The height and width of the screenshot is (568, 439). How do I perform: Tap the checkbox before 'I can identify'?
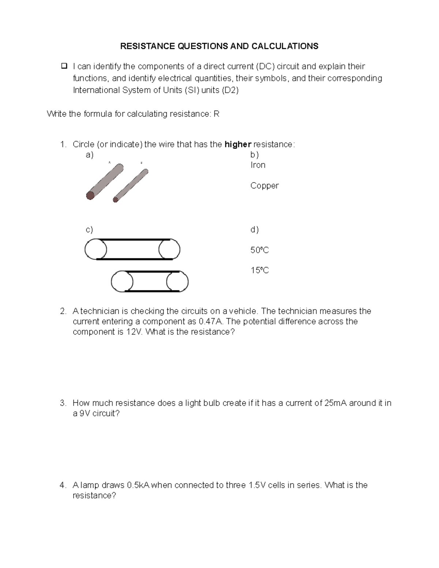(64, 66)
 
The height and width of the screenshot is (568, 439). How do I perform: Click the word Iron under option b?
(258, 165)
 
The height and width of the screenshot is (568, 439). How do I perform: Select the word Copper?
(264, 185)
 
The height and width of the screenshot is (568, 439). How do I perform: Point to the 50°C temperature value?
(259, 250)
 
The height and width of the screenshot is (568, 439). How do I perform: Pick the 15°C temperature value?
(259, 270)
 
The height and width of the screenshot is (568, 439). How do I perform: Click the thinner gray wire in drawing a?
(132, 185)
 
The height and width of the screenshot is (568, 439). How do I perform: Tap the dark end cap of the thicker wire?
(90, 195)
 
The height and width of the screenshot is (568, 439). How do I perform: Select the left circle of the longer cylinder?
(95, 249)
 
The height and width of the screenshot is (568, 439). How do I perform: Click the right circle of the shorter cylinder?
(177, 282)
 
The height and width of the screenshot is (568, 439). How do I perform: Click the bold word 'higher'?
(238, 144)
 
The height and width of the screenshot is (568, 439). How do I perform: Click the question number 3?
(63, 403)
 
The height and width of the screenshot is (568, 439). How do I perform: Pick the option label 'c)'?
(89, 230)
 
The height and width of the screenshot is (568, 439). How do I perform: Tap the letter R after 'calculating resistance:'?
(216, 114)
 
